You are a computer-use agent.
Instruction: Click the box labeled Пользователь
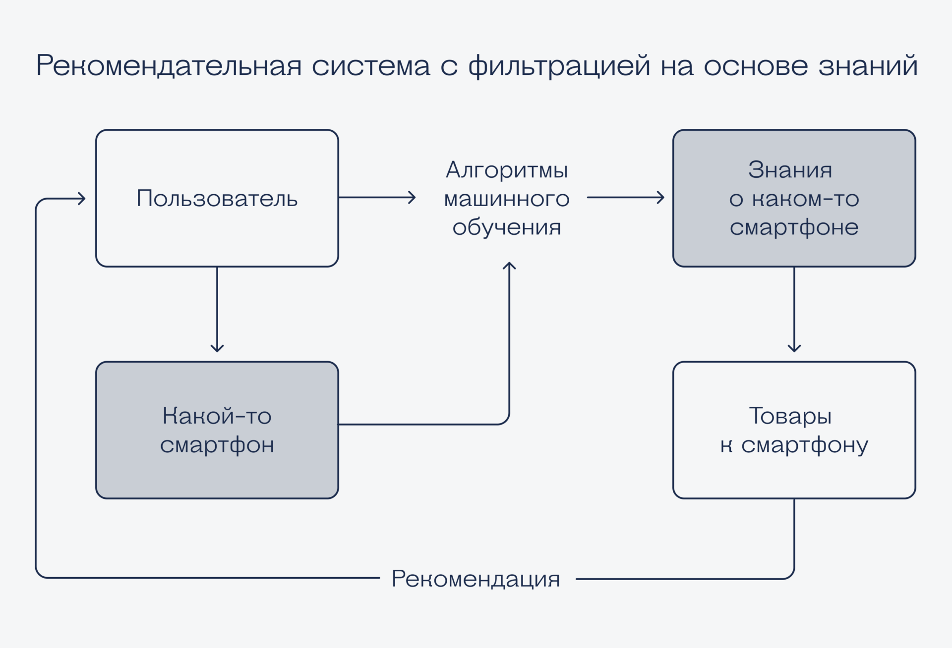(x=217, y=198)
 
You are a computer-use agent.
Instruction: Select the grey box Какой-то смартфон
(x=217, y=430)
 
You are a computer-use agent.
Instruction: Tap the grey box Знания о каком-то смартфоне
(x=794, y=198)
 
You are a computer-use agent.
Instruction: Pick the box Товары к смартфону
(x=794, y=430)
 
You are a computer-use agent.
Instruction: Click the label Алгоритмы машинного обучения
(x=506, y=198)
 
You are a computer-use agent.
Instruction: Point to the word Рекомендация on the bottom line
(x=476, y=579)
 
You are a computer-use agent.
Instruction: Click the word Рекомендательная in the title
(x=169, y=65)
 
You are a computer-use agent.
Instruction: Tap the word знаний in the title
(x=868, y=65)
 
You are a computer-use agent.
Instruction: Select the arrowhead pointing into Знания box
(x=661, y=198)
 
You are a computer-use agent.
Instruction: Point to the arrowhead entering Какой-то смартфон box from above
(x=217, y=349)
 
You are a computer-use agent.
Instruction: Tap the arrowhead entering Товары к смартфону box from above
(x=794, y=349)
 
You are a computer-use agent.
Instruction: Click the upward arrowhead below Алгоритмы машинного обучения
(x=509, y=265)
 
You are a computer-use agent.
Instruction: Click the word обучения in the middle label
(x=506, y=227)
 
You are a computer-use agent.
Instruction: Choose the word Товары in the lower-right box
(x=790, y=416)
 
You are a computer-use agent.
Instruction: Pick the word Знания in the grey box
(x=790, y=170)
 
